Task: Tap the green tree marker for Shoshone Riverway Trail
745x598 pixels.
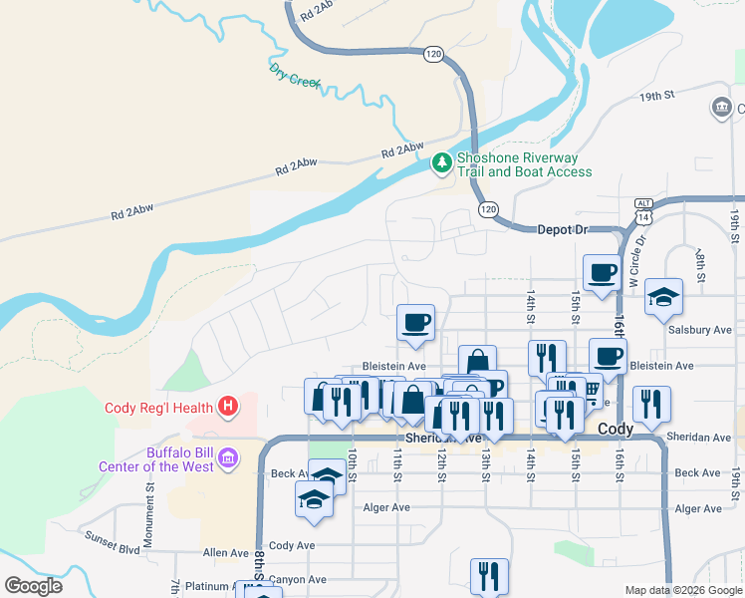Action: coord(441,162)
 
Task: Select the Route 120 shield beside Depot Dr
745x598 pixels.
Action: coord(487,209)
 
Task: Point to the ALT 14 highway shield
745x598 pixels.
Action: coord(642,209)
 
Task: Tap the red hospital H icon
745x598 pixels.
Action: coord(228,407)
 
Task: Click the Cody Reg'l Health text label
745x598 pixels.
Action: coord(159,408)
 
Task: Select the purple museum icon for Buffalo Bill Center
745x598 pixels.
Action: coord(228,457)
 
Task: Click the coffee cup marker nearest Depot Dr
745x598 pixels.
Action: coord(602,272)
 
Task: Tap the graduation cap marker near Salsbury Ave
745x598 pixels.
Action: coord(663,297)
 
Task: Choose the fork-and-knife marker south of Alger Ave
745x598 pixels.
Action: coord(489,575)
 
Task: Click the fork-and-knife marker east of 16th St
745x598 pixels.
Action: coord(651,404)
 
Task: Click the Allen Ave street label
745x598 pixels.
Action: coord(225,552)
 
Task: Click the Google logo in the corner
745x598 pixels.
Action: coord(33,586)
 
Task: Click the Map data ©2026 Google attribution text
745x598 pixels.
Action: coord(682,590)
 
